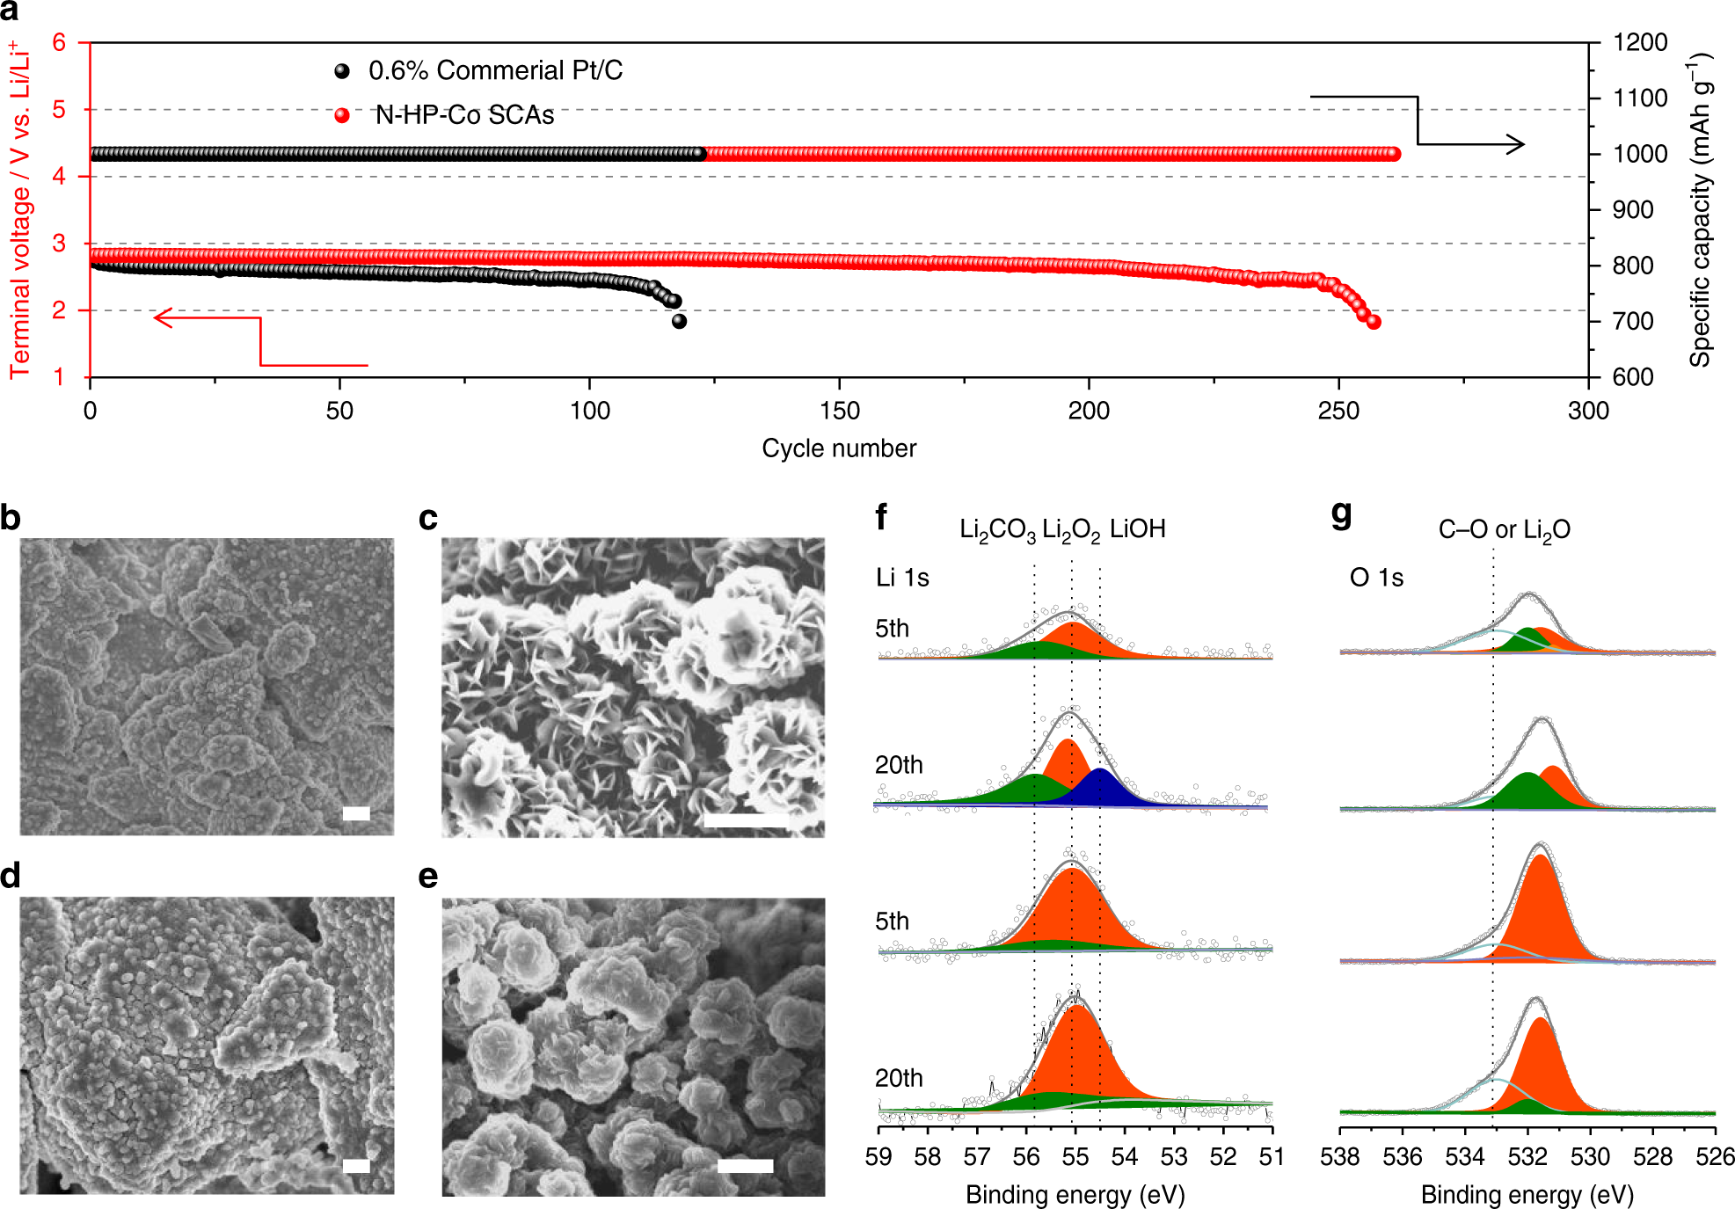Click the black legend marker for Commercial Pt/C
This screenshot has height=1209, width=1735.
pyautogui.click(x=342, y=71)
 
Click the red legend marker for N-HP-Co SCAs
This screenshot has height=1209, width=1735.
pyautogui.click(x=342, y=116)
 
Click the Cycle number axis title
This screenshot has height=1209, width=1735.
pyautogui.click(x=838, y=448)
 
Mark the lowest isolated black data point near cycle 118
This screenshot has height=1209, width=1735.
pyautogui.click(x=679, y=322)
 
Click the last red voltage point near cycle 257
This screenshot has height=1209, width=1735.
pyautogui.click(x=1374, y=322)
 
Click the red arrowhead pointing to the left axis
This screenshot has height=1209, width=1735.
pyautogui.click(x=162, y=317)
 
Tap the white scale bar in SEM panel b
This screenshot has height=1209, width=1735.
pyautogui.click(x=356, y=813)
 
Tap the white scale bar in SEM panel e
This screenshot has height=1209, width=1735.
pyautogui.click(x=745, y=1166)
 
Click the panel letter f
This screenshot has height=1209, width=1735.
pyautogui.click(x=881, y=517)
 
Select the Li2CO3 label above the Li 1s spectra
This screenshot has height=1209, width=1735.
pyautogui.click(x=996, y=530)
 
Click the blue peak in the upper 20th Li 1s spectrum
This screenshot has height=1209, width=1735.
pyautogui.click(x=1101, y=788)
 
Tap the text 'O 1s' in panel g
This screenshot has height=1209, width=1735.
pyautogui.click(x=1376, y=578)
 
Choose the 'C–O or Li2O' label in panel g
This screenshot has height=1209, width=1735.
pyautogui.click(x=1504, y=530)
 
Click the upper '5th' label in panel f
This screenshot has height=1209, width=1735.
pyautogui.click(x=892, y=629)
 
